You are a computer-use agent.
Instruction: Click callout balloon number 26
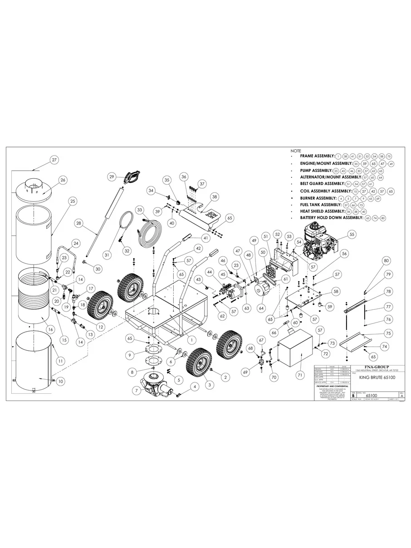coord(63,180)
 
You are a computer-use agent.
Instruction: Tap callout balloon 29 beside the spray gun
coord(113,176)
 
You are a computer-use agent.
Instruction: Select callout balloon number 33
coord(140,210)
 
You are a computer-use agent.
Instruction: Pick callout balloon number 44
coord(210,271)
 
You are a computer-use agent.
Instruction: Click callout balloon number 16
coord(50,329)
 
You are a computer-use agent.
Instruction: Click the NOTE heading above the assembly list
coord(296,151)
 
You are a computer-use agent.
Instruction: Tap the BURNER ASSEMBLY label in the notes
coord(318,198)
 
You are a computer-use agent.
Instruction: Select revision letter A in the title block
coord(401,396)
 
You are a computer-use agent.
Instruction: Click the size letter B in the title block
coord(353,396)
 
